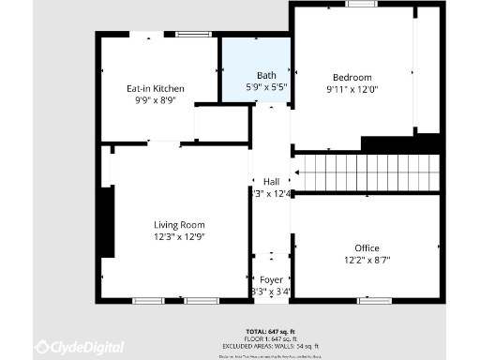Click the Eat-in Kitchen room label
point(156,88)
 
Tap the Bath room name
point(265,75)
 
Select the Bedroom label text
point(352,77)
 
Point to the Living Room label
point(179,225)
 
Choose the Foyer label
point(271,279)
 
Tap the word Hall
point(271,181)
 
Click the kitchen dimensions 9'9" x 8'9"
point(156,99)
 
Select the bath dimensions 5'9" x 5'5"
point(265,86)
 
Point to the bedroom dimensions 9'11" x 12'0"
point(352,89)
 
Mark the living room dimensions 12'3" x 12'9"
point(179,236)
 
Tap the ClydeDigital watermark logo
point(80,347)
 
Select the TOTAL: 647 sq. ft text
point(269,332)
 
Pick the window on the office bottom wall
point(374,301)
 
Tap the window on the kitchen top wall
point(193,35)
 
